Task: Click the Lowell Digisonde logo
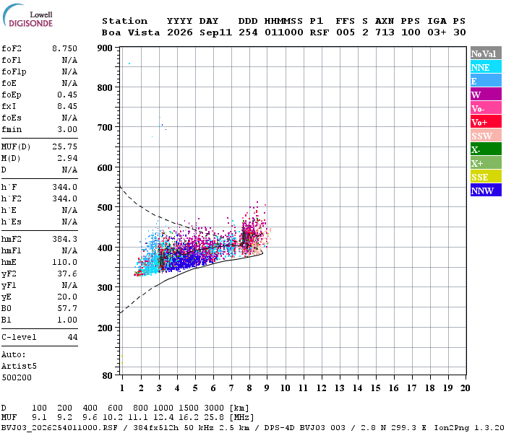coord(27,15)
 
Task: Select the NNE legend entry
coord(486,67)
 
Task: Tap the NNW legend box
coord(486,191)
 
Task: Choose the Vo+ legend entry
coord(486,122)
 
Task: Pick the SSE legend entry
coord(486,177)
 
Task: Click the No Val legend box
coord(486,53)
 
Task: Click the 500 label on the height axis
coord(105,207)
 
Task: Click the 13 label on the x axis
coord(339,388)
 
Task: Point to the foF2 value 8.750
coord(64,48)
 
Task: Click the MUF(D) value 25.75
coord(64,146)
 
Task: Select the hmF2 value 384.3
coord(64,239)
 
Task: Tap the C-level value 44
coord(72,337)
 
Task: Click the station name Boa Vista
coord(131,32)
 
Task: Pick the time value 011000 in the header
coord(283,32)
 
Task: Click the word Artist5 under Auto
coord(19,367)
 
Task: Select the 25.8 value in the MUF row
coord(214,417)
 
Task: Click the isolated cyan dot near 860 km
coord(129,64)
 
